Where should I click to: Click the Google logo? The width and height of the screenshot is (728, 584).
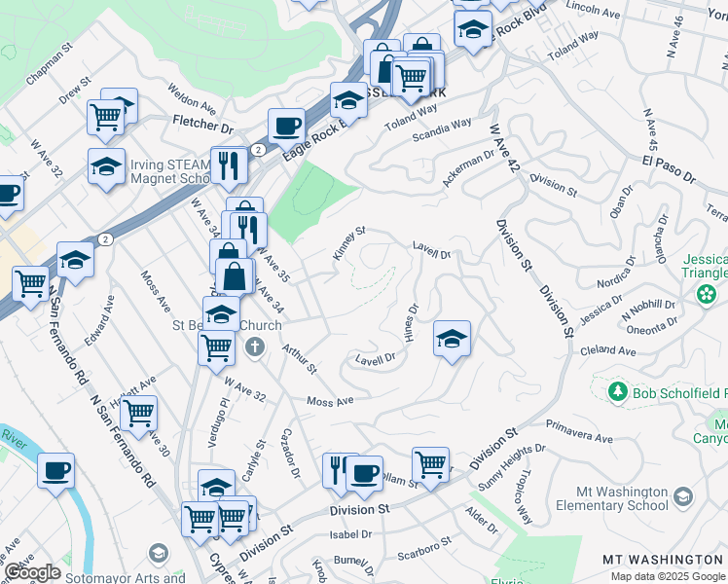[x=32, y=572]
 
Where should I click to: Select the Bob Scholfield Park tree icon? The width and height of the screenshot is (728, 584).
[x=616, y=391]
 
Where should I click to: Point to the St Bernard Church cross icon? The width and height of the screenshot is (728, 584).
[x=254, y=347]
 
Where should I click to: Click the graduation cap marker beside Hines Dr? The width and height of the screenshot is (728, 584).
[x=452, y=339]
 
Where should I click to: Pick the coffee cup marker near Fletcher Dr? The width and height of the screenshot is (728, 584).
[x=286, y=126]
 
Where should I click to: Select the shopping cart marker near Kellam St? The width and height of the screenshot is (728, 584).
[x=429, y=464]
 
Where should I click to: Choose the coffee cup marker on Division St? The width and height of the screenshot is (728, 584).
[x=364, y=473]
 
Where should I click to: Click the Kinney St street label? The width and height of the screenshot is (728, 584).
[x=348, y=243]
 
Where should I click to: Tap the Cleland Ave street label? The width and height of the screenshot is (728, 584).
[x=607, y=350]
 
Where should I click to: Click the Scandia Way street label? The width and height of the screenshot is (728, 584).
[x=441, y=129]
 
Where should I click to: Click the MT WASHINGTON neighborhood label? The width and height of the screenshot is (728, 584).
[x=661, y=560]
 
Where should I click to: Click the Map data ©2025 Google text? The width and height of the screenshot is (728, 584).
[x=668, y=576]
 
